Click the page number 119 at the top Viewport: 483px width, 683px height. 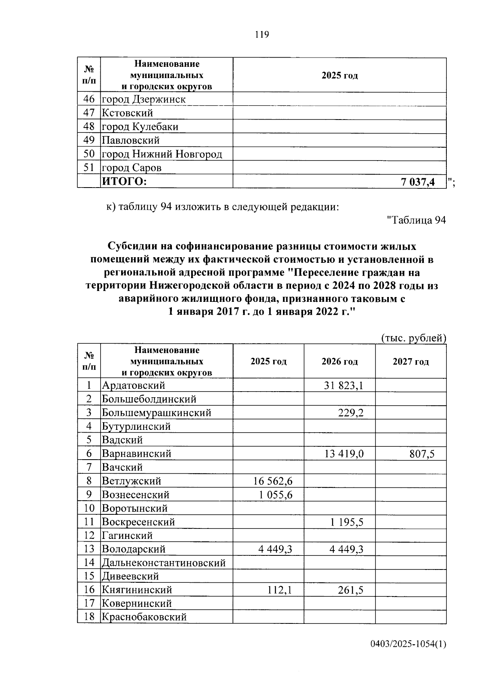[x=262, y=35]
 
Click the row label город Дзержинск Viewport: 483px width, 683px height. [x=144, y=99]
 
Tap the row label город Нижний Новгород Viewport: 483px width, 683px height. [x=162, y=154]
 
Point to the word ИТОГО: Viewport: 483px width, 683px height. [x=124, y=182]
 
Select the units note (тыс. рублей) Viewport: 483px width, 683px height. [x=413, y=338]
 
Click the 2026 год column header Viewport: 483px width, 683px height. [x=339, y=361]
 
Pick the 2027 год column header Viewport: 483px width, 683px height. [x=411, y=361]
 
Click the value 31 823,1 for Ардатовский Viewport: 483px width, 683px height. [x=343, y=386]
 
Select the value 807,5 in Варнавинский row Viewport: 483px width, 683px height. [x=422, y=454]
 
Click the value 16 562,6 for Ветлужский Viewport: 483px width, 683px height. [x=272, y=481]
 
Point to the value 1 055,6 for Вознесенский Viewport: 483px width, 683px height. [x=275, y=495]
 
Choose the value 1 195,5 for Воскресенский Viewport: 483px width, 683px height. [x=347, y=522]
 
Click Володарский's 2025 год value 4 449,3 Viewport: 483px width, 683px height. [x=275, y=549]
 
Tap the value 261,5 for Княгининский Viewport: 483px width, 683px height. [x=351, y=590]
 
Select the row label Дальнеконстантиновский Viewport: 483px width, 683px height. [x=163, y=563]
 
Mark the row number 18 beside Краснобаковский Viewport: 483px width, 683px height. [x=89, y=617]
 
